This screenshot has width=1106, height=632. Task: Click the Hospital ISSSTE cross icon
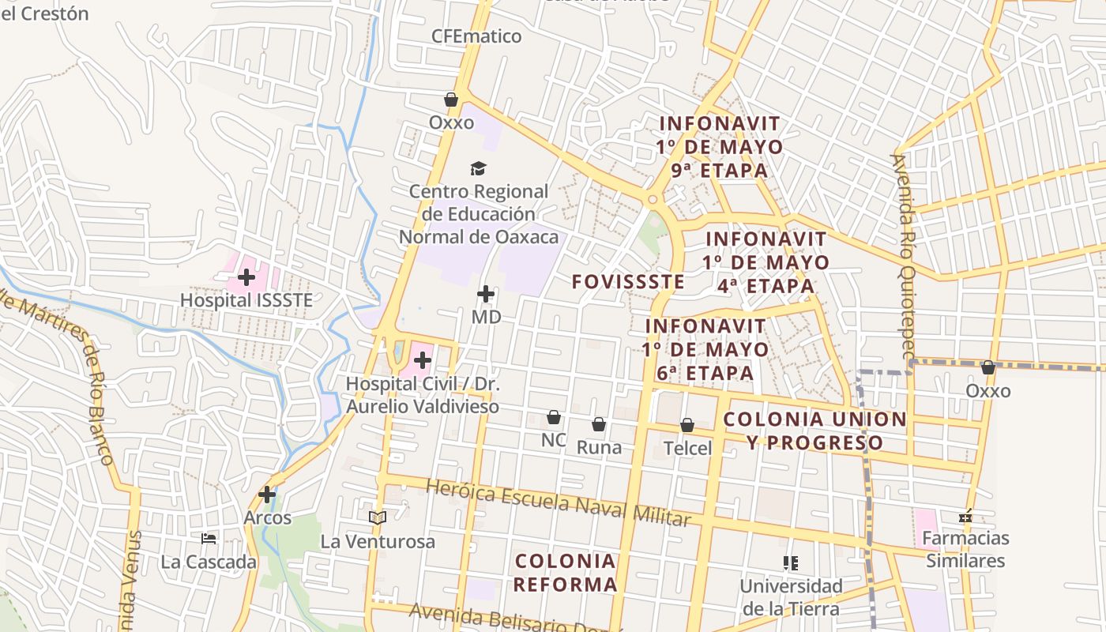246,277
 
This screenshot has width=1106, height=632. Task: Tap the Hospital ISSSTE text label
246,300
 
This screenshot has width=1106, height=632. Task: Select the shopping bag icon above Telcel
687,425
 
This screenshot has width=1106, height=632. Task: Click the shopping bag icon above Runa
599,424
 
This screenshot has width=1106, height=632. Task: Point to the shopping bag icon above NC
554,417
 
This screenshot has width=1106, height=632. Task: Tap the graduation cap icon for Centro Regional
478,168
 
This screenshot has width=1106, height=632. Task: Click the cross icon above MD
486,295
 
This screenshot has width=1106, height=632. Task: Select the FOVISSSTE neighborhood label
628,281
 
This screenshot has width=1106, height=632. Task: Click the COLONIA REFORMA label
565,573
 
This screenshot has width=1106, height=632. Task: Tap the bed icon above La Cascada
209,539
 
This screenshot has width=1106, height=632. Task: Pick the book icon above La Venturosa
378,518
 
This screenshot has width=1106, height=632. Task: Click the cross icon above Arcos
267,495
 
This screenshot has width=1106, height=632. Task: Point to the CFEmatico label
476,36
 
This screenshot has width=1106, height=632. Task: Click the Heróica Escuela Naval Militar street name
558,502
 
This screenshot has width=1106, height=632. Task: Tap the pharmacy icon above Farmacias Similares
965,517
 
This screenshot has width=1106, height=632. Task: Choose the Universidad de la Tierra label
791,597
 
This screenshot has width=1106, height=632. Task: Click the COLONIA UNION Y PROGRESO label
814,431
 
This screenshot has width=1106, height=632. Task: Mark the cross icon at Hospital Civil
423,361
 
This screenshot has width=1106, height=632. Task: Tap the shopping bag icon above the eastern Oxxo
987,367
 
